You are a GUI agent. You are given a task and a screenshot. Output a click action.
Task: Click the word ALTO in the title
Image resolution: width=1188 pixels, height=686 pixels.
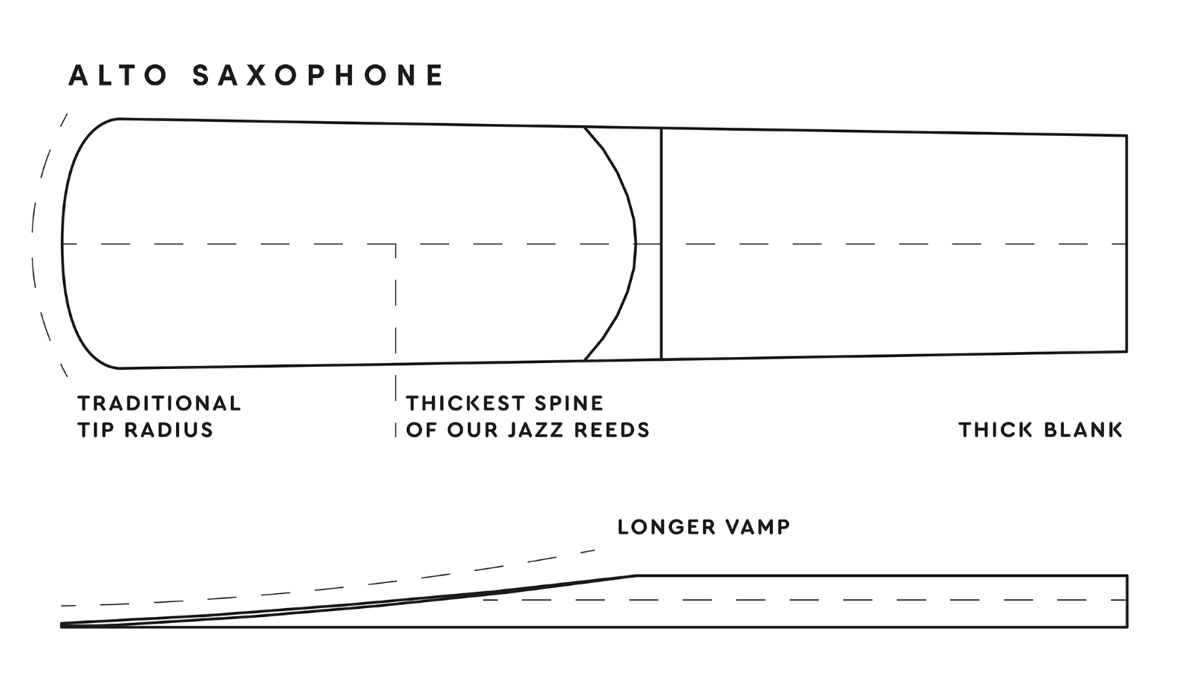click(119, 76)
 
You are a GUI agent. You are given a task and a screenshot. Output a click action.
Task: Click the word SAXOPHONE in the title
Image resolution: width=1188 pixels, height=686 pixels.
click(318, 76)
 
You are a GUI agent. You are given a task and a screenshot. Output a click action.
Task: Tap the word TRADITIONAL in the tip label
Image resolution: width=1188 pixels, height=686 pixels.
click(160, 403)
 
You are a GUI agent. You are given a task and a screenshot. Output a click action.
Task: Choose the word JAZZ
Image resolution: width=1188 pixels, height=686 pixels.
click(534, 430)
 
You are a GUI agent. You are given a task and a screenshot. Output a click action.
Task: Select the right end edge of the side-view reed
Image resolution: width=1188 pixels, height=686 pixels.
click(1127, 601)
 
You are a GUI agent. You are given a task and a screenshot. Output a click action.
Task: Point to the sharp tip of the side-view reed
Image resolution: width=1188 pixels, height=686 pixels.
click(63, 625)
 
